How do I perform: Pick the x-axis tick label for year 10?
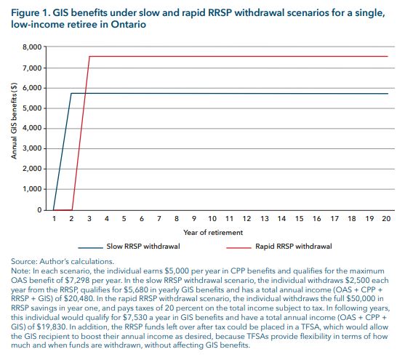[212, 218]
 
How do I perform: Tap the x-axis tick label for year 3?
[89, 218]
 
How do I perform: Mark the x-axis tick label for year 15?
[300, 218]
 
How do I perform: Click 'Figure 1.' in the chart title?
[30, 12]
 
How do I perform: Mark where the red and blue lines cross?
[85, 94]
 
